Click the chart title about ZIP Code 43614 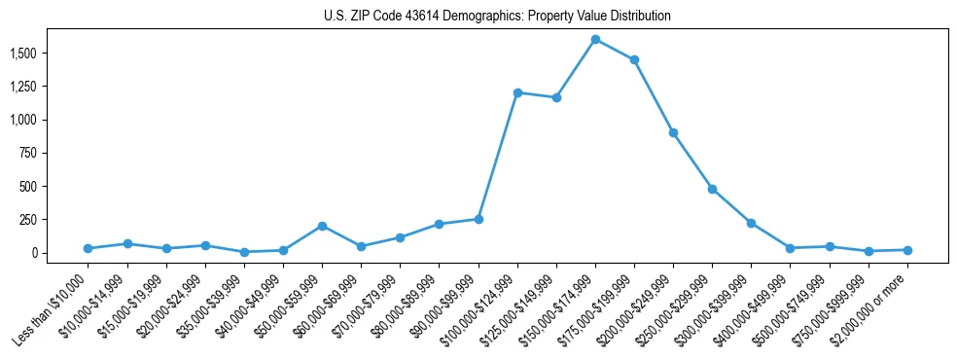(x=497, y=17)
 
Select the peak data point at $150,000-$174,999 (x=595, y=40)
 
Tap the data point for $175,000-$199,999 (x=634, y=60)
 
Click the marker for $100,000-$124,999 (x=517, y=92)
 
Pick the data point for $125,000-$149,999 (x=556, y=97)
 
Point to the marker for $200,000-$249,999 (x=673, y=132)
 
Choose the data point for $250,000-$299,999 (x=712, y=189)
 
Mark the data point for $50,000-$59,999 (x=322, y=226)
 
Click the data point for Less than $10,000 (x=88, y=248)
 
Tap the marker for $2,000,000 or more (x=907, y=250)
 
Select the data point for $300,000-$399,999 (x=751, y=223)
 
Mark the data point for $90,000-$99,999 (x=478, y=219)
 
